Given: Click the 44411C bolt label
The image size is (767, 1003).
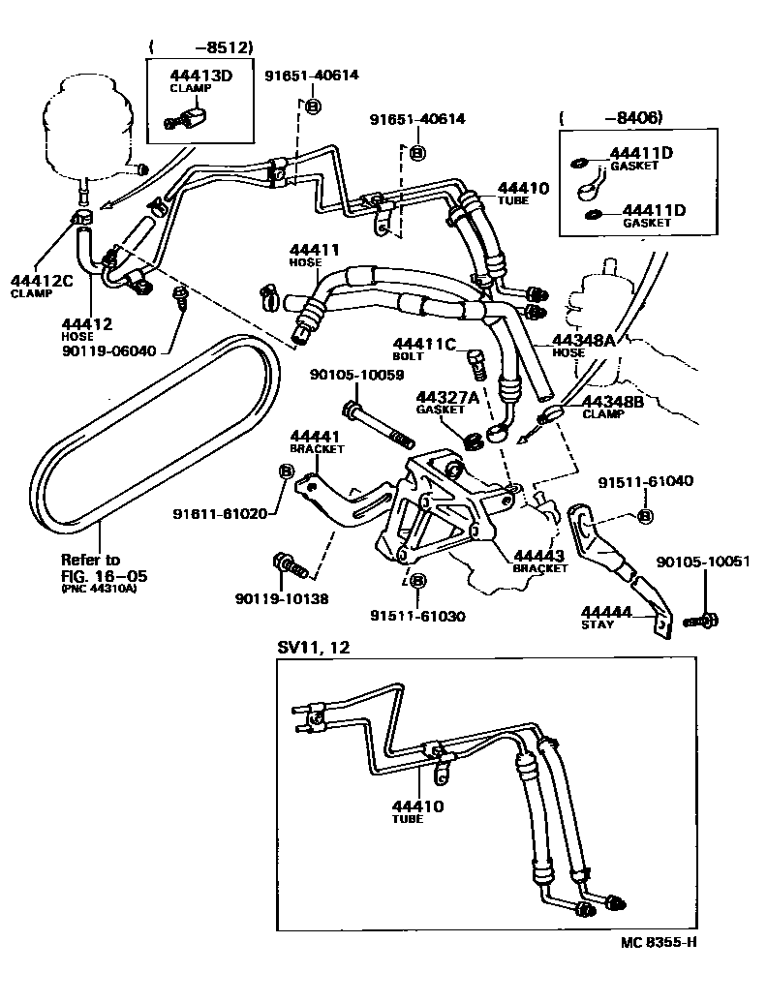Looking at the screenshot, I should click(x=423, y=343).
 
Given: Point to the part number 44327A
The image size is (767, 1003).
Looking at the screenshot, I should click(x=447, y=397).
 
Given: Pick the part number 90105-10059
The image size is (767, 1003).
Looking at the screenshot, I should click(x=356, y=375).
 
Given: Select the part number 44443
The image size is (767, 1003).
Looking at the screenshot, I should click(x=539, y=555).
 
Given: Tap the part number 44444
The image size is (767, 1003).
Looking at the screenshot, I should click(x=606, y=612).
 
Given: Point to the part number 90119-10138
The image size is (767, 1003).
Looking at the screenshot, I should click(x=281, y=599).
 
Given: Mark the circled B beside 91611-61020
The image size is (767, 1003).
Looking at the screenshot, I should click(x=287, y=471).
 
